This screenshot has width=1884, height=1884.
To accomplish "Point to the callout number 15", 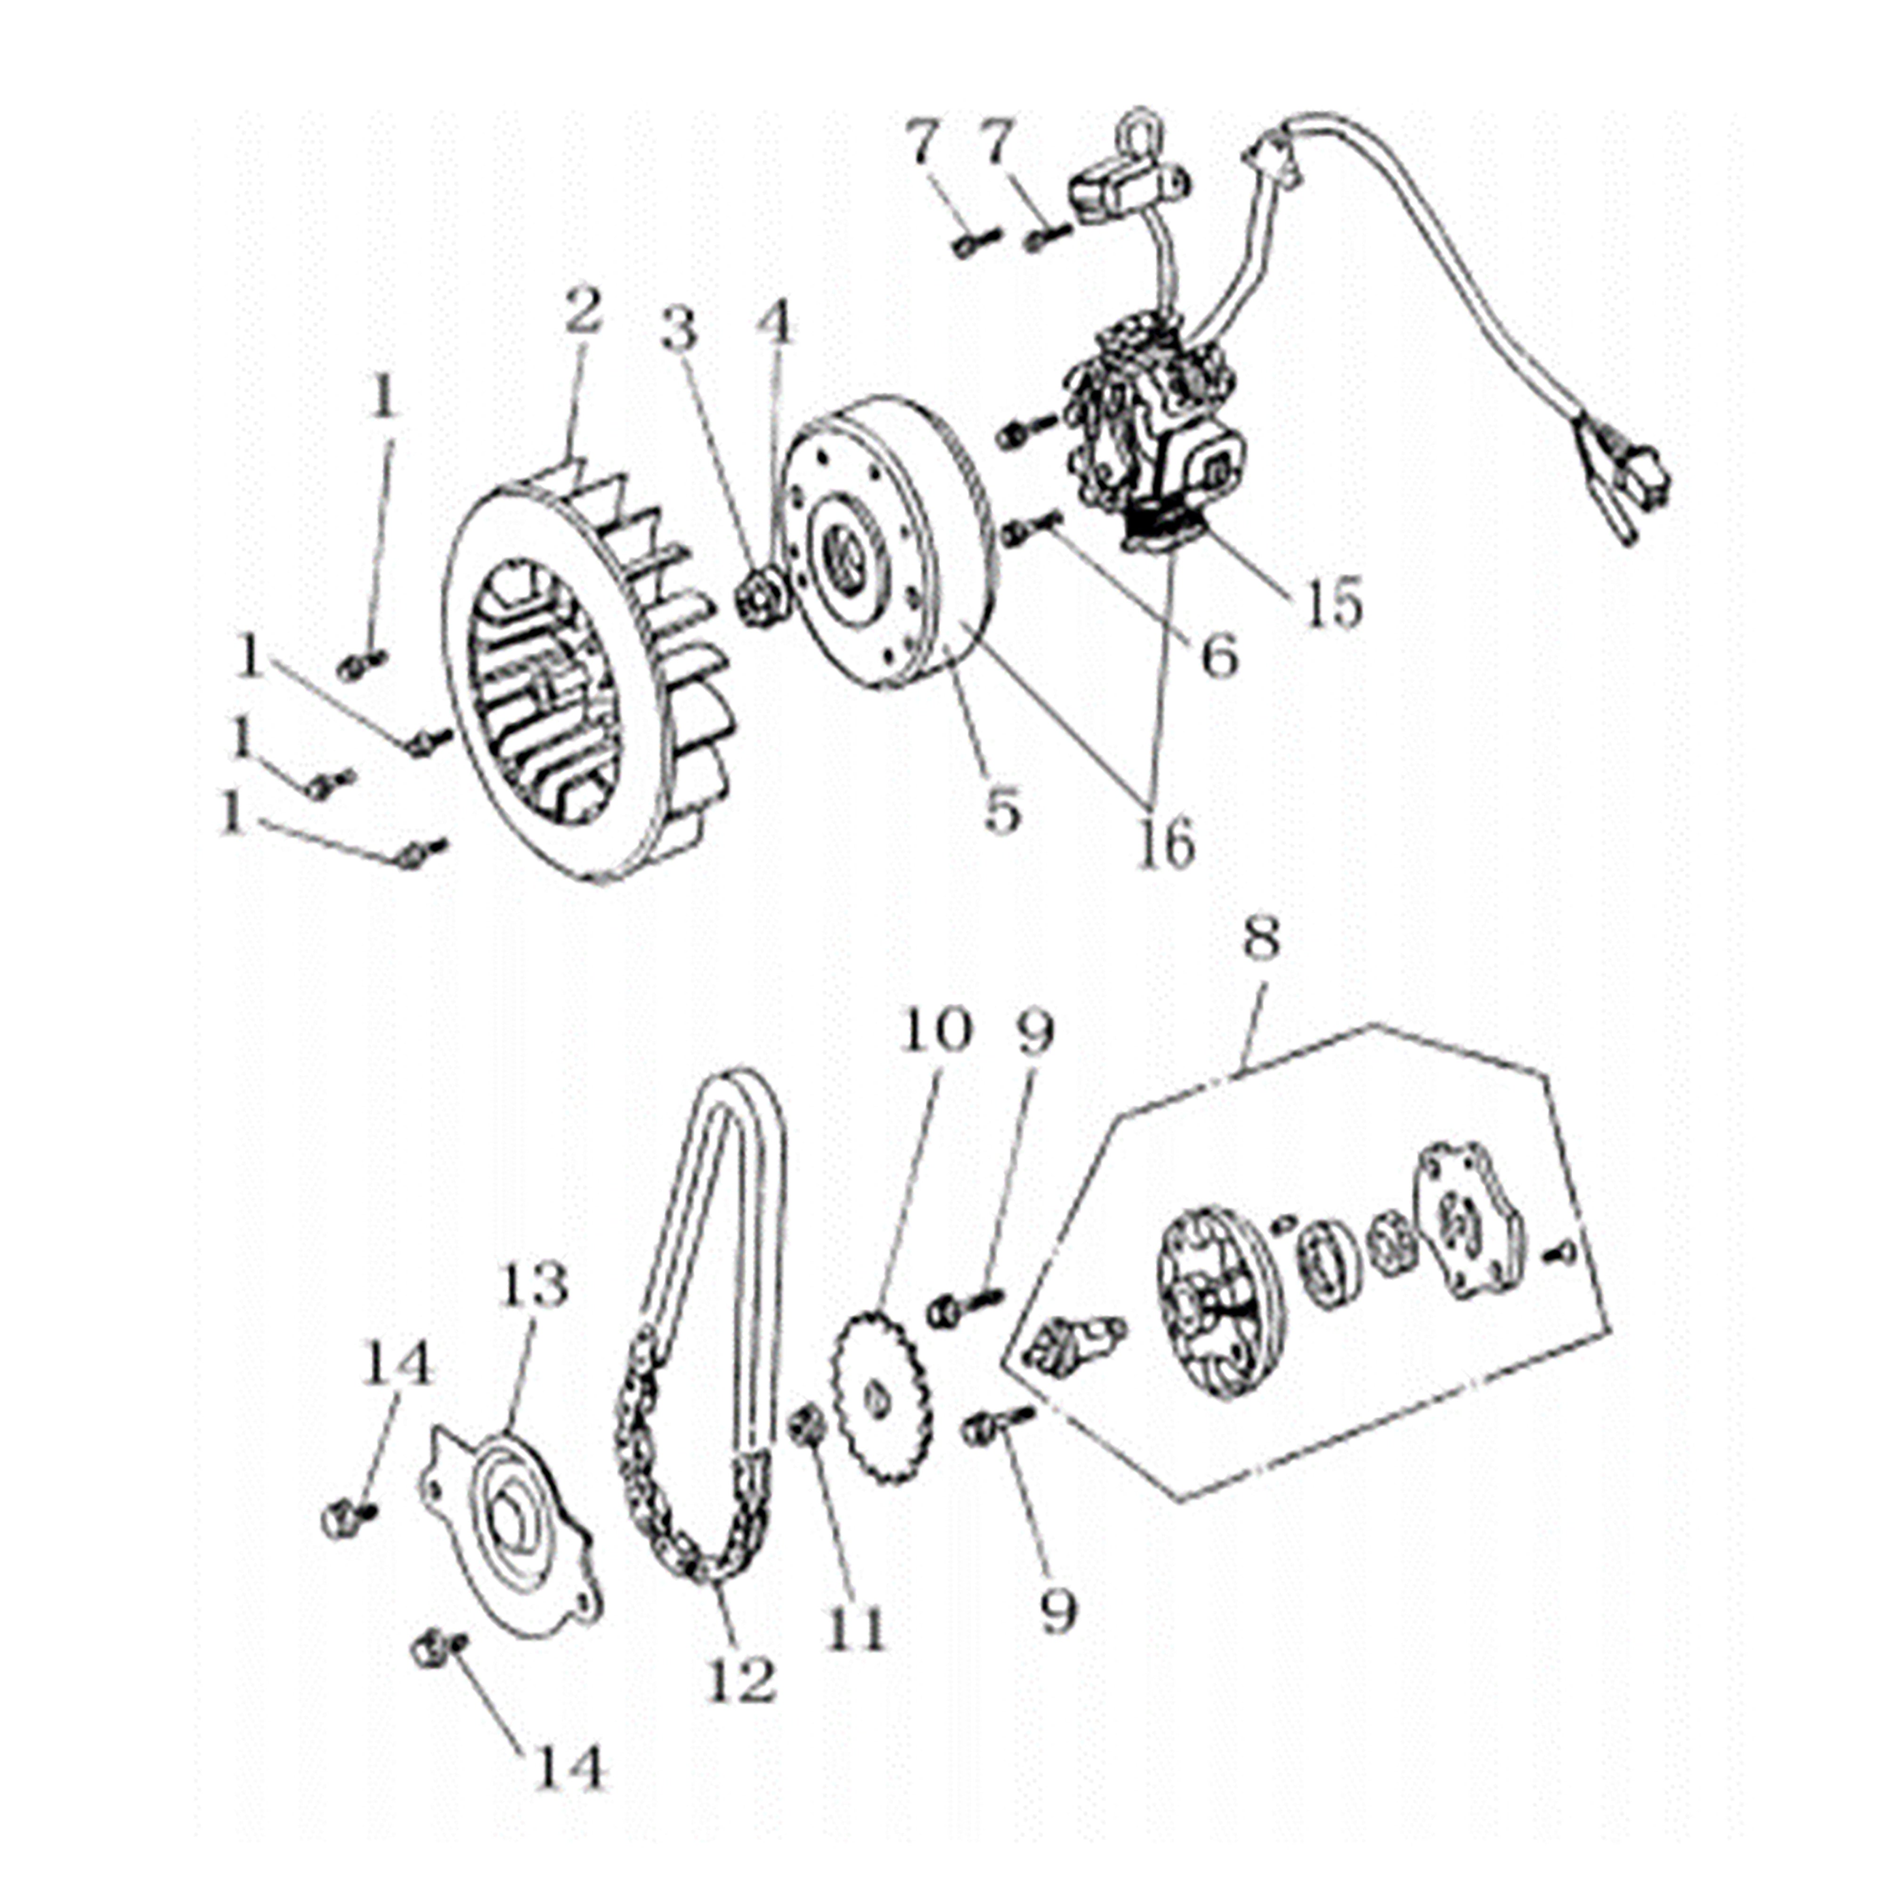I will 1333,604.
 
